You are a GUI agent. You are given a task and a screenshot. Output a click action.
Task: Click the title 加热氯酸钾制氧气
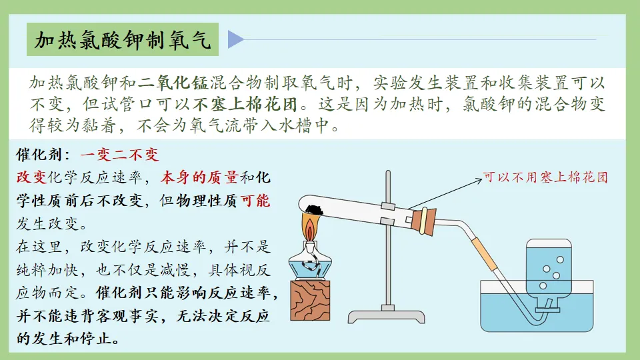[123, 41]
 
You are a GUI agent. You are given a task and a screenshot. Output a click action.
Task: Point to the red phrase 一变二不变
[120, 155]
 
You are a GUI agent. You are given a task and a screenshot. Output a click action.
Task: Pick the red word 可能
[255, 201]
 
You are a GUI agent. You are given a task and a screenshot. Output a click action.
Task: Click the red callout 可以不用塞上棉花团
[545, 178]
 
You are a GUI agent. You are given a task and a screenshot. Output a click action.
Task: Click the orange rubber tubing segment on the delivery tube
[486, 253]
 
